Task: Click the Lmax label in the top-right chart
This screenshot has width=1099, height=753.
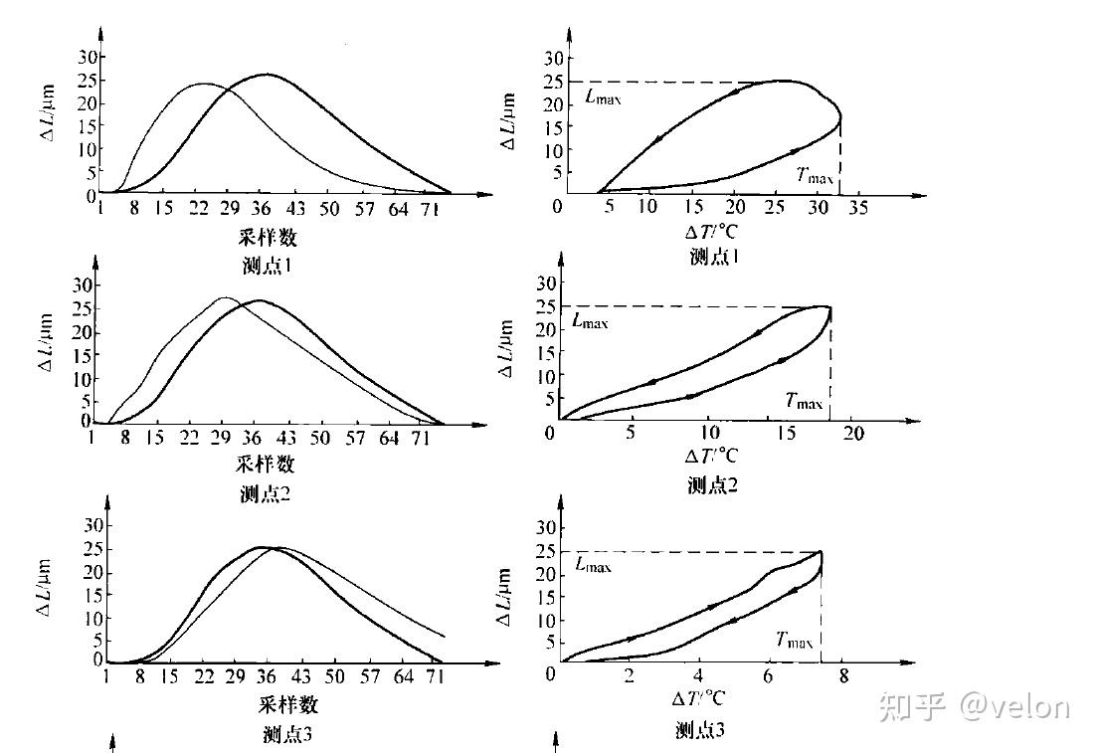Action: (604, 97)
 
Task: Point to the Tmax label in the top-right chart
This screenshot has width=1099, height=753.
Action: (816, 174)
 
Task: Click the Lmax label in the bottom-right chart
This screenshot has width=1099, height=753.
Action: (594, 565)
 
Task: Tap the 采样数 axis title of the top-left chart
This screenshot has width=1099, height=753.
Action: (268, 237)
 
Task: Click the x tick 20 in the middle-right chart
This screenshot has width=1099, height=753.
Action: (853, 435)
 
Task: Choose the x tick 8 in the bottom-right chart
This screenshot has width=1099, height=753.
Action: (843, 676)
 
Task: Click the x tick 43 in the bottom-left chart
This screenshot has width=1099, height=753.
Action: (301, 676)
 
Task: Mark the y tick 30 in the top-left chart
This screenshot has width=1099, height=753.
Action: (87, 57)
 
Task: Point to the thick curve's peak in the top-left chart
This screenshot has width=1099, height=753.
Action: (266, 75)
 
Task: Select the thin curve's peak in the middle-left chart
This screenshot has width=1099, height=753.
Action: (225, 297)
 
